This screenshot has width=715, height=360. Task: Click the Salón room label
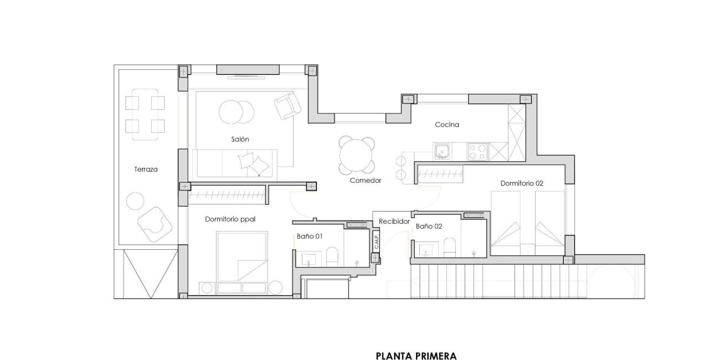pyautogui.click(x=240, y=140)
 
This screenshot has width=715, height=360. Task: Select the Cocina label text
pyautogui.click(x=447, y=125)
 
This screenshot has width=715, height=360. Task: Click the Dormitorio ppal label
pyautogui.click(x=230, y=219)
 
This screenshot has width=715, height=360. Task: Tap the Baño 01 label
pyautogui.click(x=310, y=236)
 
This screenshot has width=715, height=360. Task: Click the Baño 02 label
pyautogui.click(x=429, y=227)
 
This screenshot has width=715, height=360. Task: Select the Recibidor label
pyautogui.click(x=394, y=222)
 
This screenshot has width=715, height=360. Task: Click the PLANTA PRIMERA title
pyautogui.click(x=416, y=356)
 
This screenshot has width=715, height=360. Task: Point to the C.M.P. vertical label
pyautogui.click(x=375, y=241)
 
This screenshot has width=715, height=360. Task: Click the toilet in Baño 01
pyautogui.click(x=332, y=256)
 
